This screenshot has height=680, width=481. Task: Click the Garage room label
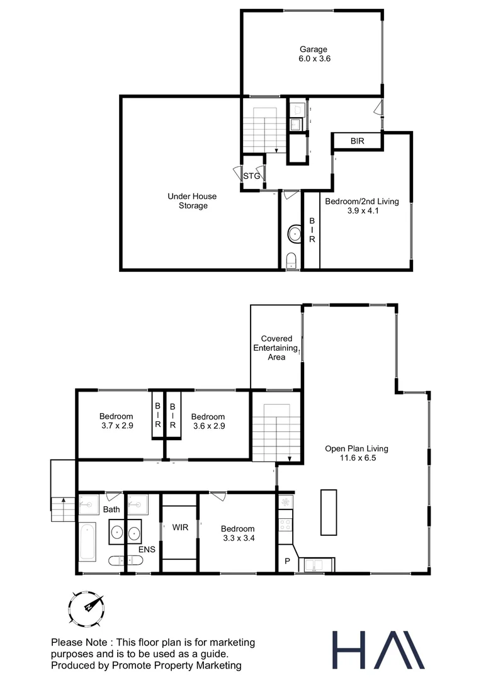(x=312, y=54)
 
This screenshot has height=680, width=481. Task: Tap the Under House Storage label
(x=188, y=201)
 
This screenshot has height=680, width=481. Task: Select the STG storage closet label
(x=251, y=176)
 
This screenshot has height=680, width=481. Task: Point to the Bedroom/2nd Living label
(x=361, y=206)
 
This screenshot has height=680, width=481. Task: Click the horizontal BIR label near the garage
(x=357, y=142)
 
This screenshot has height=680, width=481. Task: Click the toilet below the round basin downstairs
(x=291, y=261)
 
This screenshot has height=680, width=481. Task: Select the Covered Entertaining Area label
(x=276, y=348)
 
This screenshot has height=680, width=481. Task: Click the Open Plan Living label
(x=356, y=453)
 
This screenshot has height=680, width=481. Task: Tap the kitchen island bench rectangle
(x=327, y=511)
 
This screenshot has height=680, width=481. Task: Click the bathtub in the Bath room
(x=88, y=541)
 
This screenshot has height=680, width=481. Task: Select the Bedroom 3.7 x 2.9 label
(x=116, y=421)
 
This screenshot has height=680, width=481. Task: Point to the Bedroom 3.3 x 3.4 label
(x=238, y=533)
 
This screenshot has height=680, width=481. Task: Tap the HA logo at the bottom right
(x=378, y=649)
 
